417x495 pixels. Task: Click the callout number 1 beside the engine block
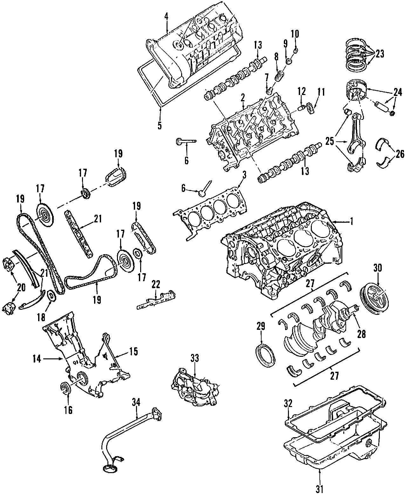pos(352,222)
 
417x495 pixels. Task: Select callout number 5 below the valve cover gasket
pos(160,125)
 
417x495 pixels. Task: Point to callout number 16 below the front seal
pos(68,410)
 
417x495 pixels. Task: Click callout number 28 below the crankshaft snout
pos(361,334)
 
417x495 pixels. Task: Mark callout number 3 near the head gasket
pos(244,175)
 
